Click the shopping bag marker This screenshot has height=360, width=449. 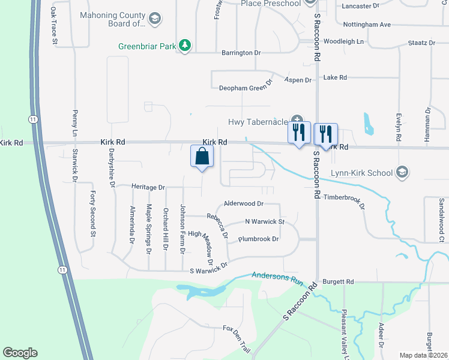(x=202, y=157)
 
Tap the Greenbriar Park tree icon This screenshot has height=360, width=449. (x=186, y=44)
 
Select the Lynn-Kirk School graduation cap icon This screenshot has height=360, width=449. (x=402, y=173)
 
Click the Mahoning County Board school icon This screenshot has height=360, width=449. (x=155, y=20)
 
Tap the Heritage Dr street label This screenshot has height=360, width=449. (x=148, y=187)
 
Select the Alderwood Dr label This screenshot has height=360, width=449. (x=243, y=204)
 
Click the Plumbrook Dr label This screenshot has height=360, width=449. (x=258, y=239)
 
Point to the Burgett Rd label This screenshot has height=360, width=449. (x=338, y=281)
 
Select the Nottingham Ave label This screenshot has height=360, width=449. (x=367, y=25)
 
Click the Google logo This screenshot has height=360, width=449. (x=20, y=353)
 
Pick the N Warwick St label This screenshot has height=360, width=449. (x=264, y=221)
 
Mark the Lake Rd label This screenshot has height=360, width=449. (x=335, y=77)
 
